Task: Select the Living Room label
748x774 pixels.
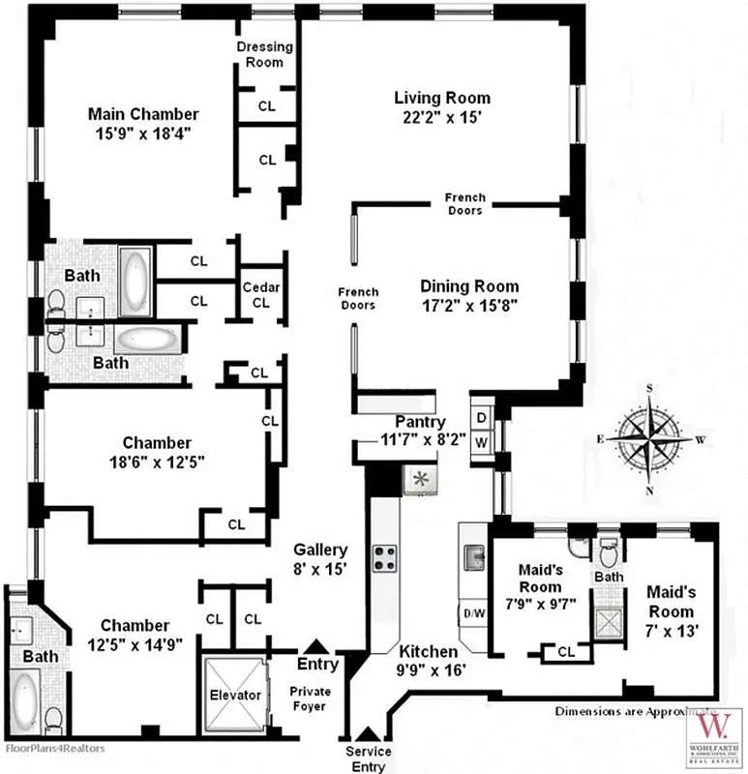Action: [x=441, y=98]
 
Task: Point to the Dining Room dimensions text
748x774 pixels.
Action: [x=469, y=305]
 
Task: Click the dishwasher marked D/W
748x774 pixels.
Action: [x=475, y=613]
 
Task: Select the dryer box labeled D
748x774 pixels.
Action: [x=481, y=418]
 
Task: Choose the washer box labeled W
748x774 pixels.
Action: [x=481, y=442]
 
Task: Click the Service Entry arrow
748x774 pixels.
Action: [x=368, y=737]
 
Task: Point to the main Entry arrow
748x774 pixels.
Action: [x=314, y=647]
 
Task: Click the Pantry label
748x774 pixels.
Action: [x=420, y=423]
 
